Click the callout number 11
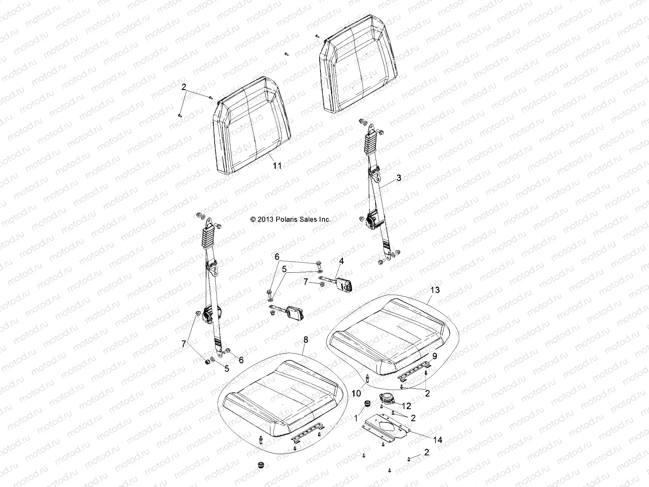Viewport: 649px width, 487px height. coord(277,166)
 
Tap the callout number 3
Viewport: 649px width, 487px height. coord(399,177)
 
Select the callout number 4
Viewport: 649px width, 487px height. coord(341,261)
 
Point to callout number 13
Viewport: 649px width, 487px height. coord(435,290)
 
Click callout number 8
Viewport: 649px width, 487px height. coord(305,340)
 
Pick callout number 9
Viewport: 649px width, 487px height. coord(434,356)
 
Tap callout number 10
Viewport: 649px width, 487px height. coord(356,393)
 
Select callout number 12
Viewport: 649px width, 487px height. coord(407,406)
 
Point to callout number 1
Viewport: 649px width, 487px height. coord(357,418)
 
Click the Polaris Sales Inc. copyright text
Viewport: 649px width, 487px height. coord(290,219)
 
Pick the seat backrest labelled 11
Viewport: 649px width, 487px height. coord(251,126)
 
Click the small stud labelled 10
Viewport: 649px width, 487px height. coord(367,378)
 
